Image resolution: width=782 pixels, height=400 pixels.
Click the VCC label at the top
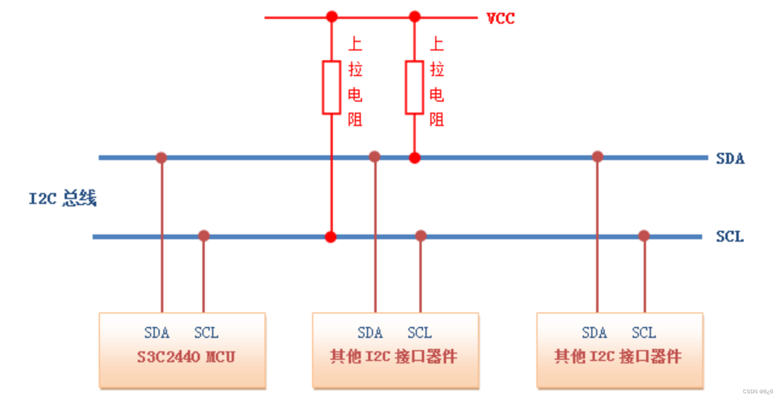[500, 18]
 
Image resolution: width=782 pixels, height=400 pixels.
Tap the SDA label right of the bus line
[730, 159]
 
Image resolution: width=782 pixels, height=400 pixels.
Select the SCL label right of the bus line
[730, 237]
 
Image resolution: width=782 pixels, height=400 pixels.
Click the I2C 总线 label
[63, 198]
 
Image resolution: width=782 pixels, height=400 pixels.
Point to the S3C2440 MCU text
[186, 357]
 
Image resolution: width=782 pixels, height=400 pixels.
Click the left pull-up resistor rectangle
[332, 87]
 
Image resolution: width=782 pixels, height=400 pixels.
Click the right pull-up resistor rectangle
[414, 87]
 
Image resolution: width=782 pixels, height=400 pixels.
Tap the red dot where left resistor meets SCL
[330, 237]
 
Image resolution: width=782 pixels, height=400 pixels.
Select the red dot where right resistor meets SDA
[414, 158]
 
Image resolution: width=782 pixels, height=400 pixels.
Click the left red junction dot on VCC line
[332, 16]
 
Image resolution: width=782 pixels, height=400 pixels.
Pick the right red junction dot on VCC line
[414, 16]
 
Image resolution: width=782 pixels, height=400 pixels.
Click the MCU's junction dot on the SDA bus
[161, 158]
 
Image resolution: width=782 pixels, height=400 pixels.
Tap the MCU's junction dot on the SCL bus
[204, 236]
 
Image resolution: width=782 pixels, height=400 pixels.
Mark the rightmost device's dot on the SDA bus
[597, 156]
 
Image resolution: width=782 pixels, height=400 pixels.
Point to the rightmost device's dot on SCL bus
[644, 236]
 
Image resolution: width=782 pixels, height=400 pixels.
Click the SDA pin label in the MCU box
[157, 333]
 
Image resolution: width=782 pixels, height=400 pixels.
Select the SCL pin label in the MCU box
[206, 333]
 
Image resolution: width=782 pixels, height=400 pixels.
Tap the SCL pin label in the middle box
[419, 333]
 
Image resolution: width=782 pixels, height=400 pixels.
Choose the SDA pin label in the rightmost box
[594, 333]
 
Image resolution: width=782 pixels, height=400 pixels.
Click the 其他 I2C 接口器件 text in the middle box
[394, 357]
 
